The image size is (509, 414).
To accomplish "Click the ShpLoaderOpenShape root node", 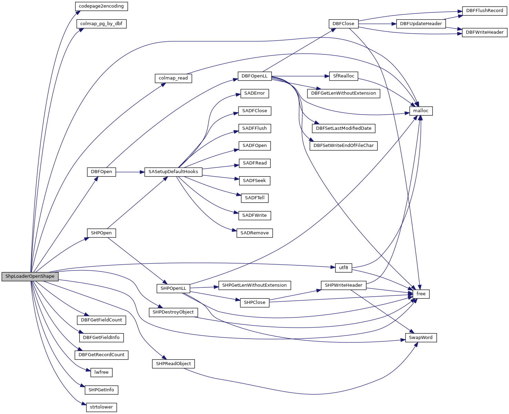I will pyautogui.click(x=30, y=276).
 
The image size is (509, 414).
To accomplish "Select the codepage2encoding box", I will pyautogui.click(x=101, y=6).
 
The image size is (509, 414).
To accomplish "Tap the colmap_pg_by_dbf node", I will pyautogui.click(x=101, y=24).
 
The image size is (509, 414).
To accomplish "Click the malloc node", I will pyautogui.click(x=421, y=111).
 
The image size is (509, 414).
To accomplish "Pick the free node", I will pyautogui.click(x=421, y=294).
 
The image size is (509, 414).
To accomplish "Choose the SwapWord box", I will pyautogui.click(x=421, y=338).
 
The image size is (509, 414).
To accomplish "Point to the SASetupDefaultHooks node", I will pyautogui.click(x=173, y=172).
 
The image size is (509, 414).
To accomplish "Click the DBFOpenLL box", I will pyautogui.click(x=254, y=76).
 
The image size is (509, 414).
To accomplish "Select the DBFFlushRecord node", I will pyautogui.click(x=485, y=11).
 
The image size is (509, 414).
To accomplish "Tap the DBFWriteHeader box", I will pyautogui.click(x=485, y=32).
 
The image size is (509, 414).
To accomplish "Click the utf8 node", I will pyautogui.click(x=343, y=267).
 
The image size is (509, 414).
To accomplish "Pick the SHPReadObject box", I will pyautogui.click(x=173, y=364).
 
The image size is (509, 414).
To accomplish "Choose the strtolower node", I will pyautogui.click(x=101, y=407).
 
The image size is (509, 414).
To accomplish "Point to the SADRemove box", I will pyautogui.click(x=254, y=233).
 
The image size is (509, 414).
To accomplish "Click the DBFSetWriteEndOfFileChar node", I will pyautogui.click(x=344, y=146).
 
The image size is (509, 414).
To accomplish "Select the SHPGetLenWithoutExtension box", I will pyautogui.click(x=254, y=285).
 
